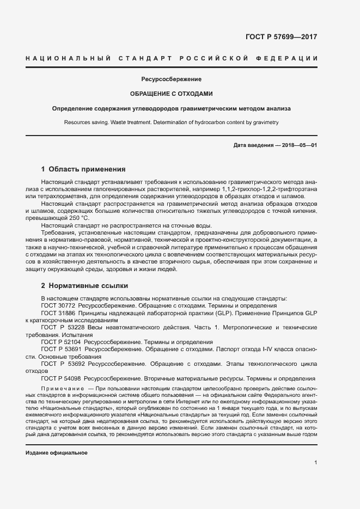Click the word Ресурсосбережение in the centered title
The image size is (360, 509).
[x=172, y=79]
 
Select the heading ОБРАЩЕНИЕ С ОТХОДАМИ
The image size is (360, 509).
[x=172, y=94]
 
